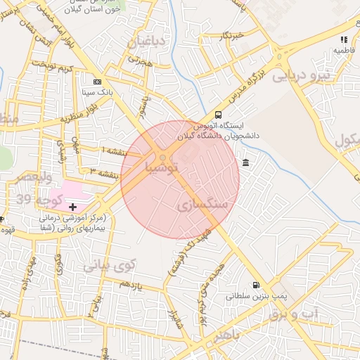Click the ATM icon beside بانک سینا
[98, 82]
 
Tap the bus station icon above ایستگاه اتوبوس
[218, 115]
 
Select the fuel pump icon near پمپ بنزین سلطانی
[255, 285]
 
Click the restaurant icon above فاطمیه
[344, 40]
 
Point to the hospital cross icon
[72, 207]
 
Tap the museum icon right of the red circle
[245, 163]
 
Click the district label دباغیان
[146, 43]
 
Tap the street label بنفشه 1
[115, 151]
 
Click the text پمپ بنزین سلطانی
[252, 297]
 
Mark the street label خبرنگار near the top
[230, 34]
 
